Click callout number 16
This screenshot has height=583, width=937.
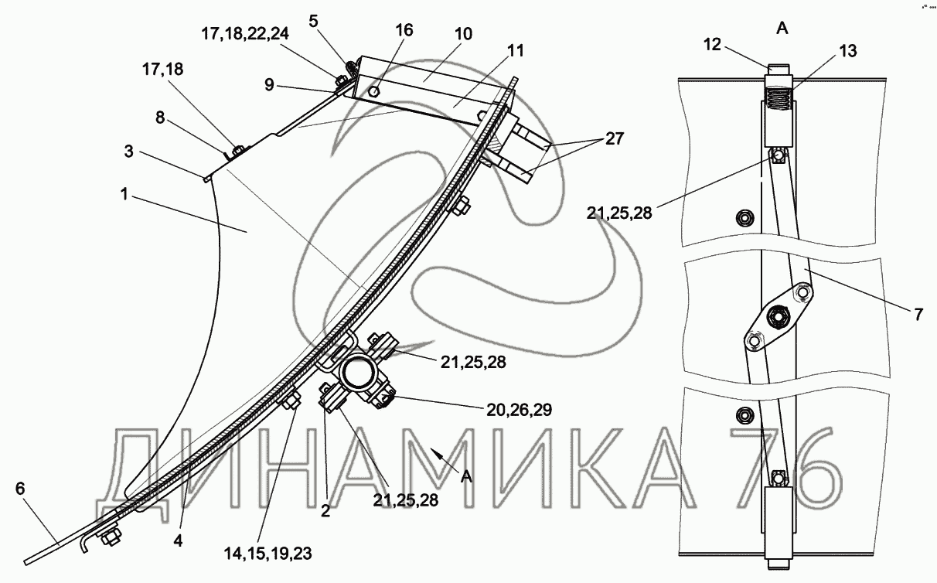tap(404, 30)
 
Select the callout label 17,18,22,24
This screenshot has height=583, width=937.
tap(245, 33)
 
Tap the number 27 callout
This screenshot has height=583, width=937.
tap(615, 138)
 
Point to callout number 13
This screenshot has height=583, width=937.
tap(847, 51)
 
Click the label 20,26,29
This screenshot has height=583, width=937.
tap(519, 410)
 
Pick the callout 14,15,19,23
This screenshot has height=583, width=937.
tap(267, 554)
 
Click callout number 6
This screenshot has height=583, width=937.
tap(20, 489)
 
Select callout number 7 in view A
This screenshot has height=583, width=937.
tap(918, 315)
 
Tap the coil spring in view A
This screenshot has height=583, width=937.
tap(779, 101)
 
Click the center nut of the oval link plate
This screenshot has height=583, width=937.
tap(778, 316)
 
